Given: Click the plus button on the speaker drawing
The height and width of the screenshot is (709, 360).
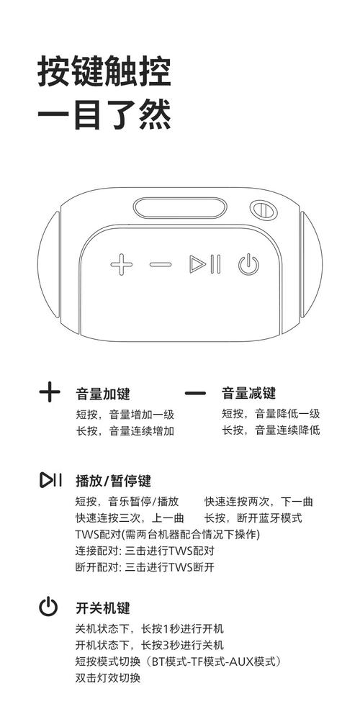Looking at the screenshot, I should (121, 265).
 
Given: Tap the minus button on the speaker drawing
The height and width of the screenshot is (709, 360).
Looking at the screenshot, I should (161, 265).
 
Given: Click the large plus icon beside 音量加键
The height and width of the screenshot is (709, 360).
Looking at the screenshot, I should (49, 393).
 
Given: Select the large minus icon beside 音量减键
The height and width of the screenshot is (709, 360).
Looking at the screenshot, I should (195, 394).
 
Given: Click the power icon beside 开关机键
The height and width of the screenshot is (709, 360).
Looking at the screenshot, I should (48, 608).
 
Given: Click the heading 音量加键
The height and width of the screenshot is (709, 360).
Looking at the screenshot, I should (103, 394).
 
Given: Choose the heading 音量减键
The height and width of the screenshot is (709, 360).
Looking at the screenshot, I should (248, 394).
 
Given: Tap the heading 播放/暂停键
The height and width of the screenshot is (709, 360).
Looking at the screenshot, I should (113, 481).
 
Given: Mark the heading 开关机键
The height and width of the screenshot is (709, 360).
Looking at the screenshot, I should (103, 608).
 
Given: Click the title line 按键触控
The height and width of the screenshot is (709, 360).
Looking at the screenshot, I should (104, 73).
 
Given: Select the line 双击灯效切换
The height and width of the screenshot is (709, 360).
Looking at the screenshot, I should (108, 678).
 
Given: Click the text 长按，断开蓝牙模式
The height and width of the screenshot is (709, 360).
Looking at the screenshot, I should (253, 518).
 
